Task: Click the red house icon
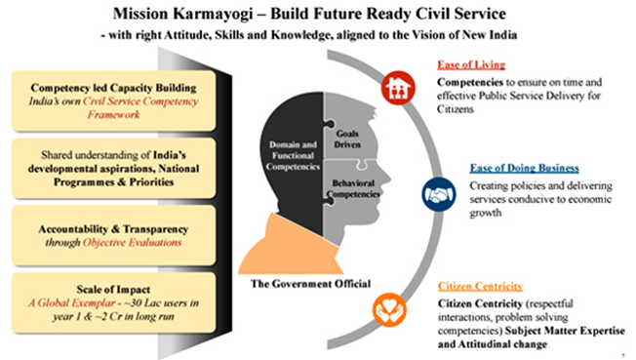click(398, 88)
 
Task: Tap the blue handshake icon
click(438, 194)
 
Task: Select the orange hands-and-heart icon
click(389, 310)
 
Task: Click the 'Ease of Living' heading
click(471, 64)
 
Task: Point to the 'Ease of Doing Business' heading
click(525, 168)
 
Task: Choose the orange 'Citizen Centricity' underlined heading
click(480, 286)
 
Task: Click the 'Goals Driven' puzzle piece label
click(347, 139)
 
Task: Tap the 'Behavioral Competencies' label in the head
click(353, 188)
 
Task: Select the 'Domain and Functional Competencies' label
click(293, 155)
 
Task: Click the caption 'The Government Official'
click(310, 283)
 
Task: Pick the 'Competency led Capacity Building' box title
click(113, 88)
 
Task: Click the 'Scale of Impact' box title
click(113, 290)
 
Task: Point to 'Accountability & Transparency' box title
click(113, 229)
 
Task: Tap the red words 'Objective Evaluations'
click(133, 243)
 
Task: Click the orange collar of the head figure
click(291, 248)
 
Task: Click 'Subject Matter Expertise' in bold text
click(565, 331)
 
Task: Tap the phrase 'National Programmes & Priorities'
click(113, 176)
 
